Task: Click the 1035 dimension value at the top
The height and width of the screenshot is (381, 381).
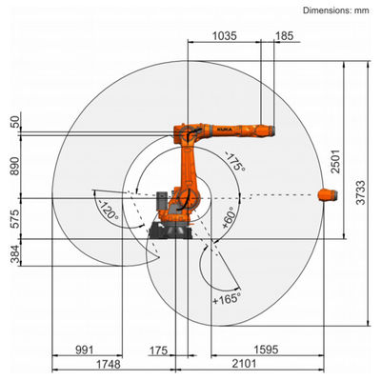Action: point(225,36)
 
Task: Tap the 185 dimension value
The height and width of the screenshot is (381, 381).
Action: point(284,36)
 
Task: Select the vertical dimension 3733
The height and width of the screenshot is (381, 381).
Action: point(360,192)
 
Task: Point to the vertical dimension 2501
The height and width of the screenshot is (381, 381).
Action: point(335,162)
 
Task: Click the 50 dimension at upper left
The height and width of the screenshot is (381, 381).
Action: point(14,122)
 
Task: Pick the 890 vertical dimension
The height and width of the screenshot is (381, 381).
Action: point(14,166)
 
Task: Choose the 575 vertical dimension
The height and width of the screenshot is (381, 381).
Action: point(14,219)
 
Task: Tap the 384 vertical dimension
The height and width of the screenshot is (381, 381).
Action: point(14,254)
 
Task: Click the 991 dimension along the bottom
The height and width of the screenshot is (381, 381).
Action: point(85,350)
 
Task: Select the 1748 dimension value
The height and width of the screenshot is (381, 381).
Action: point(109,364)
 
